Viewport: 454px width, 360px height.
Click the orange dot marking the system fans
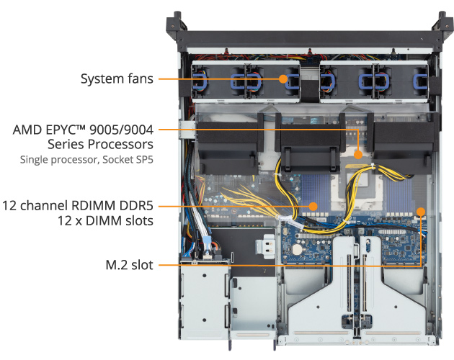click(284, 78)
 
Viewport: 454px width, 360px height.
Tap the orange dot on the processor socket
click(358, 153)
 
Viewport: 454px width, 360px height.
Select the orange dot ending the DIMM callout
click(313, 206)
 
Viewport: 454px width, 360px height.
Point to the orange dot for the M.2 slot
click(422, 211)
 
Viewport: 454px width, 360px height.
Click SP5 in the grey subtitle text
click(143, 160)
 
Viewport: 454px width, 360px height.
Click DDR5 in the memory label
click(136, 206)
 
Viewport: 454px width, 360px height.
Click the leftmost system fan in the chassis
click(208, 81)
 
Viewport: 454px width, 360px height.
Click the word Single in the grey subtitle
click(34, 160)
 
